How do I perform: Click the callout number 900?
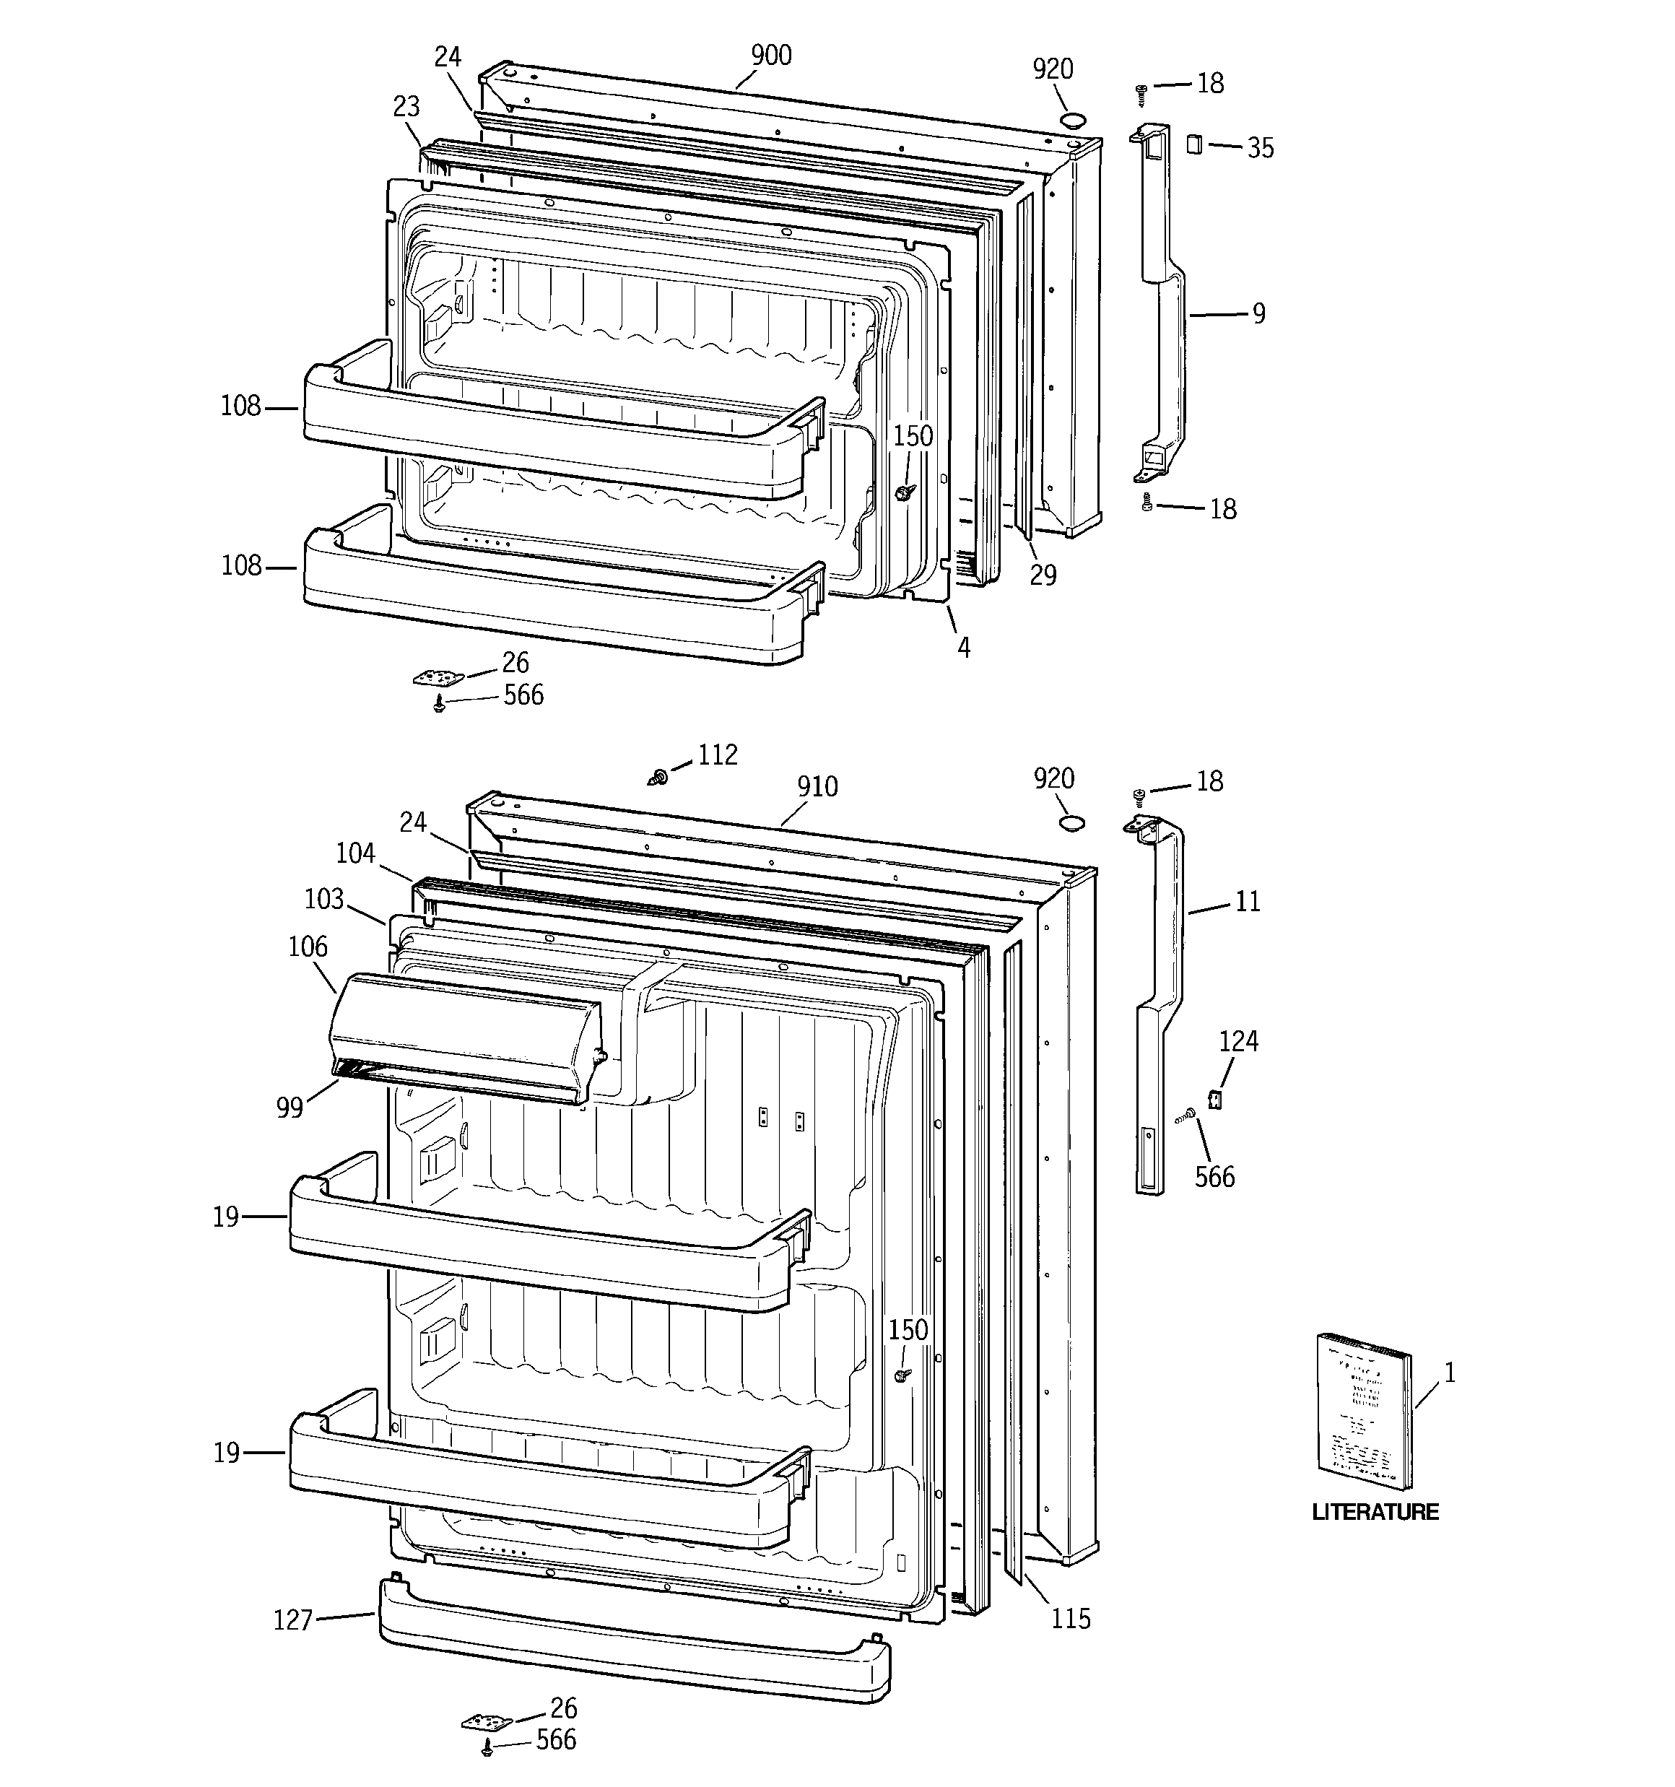point(770,56)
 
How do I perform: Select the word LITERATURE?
point(1375,1511)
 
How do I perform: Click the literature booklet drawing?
point(1363,1412)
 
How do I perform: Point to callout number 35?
point(1260,148)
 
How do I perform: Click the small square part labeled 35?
point(1194,144)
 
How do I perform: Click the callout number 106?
point(308,947)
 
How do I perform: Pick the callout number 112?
point(718,755)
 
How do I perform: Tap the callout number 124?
point(1238,1042)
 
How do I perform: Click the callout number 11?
point(1247,902)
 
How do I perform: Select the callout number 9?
point(1258,313)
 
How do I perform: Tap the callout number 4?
point(964,647)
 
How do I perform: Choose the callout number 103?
point(323,899)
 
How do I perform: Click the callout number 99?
point(290,1108)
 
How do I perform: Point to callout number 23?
point(406,107)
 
